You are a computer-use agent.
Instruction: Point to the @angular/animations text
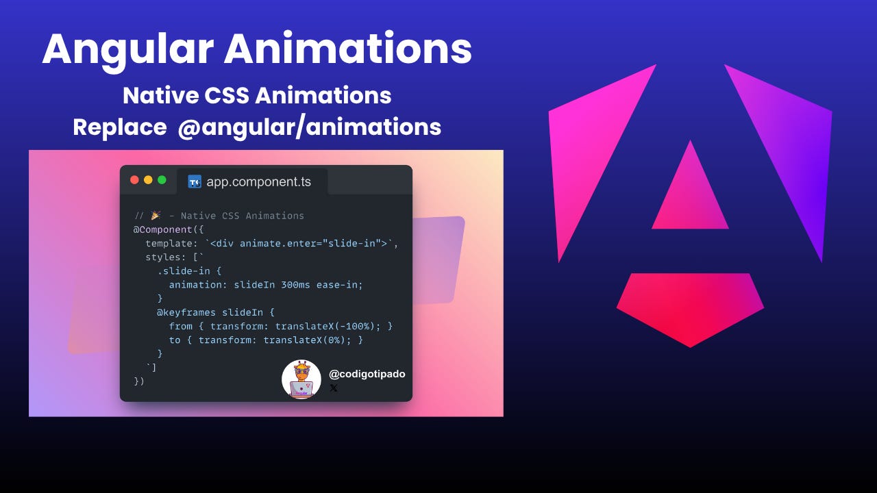point(309,127)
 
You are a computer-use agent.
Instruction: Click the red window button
point(134,180)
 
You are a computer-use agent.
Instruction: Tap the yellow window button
point(148,180)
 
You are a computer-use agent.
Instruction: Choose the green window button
point(162,180)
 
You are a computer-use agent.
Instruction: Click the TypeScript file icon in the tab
point(195,181)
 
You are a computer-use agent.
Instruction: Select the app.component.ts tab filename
point(259,182)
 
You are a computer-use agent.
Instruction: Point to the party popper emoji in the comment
point(155,216)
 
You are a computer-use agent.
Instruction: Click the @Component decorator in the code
point(165,229)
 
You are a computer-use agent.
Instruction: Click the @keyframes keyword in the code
point(186,312)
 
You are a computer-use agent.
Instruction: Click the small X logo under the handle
point(334,388)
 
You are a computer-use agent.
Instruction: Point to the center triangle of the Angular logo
point(690,194)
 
